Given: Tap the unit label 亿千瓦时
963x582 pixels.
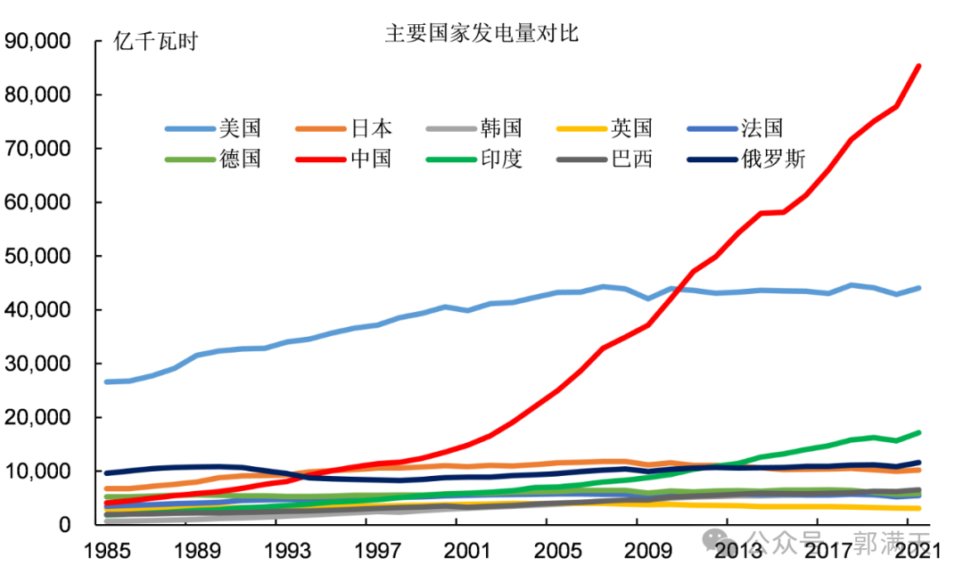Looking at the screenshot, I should coord(156,42).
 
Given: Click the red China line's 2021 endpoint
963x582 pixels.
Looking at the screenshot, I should coord(918,66).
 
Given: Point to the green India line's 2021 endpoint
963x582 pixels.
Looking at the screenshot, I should coord(918,433).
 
